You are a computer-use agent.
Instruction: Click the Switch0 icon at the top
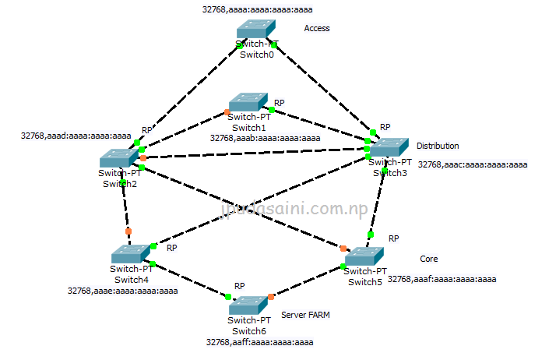pos(257,30)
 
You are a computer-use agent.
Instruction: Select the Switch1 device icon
pos(248,103)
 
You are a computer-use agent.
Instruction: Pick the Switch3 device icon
pos(389,147)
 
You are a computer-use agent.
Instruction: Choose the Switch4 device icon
pos(129,255)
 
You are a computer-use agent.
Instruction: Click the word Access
pos(317,29)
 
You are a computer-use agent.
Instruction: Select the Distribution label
pos(438,146)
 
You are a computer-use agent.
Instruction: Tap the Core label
pos(428,259)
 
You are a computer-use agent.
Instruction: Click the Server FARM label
pos(305,316)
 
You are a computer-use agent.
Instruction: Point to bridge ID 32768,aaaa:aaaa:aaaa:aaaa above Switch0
pos(256,9)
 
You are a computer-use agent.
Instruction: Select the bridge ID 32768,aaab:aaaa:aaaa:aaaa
pos(265,138)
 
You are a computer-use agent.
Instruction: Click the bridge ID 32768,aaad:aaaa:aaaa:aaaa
pos(76,136)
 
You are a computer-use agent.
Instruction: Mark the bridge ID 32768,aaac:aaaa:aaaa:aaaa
pos(473,165)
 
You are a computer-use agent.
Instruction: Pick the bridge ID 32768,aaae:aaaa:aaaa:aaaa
pos(122,291)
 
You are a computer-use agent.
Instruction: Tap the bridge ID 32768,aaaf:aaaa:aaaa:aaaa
pos(442,279)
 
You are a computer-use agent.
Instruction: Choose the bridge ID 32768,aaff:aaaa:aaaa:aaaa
pos(259,341)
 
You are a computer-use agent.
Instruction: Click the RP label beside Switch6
pos(240,286)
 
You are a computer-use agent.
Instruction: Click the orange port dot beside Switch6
pos(271,297)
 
